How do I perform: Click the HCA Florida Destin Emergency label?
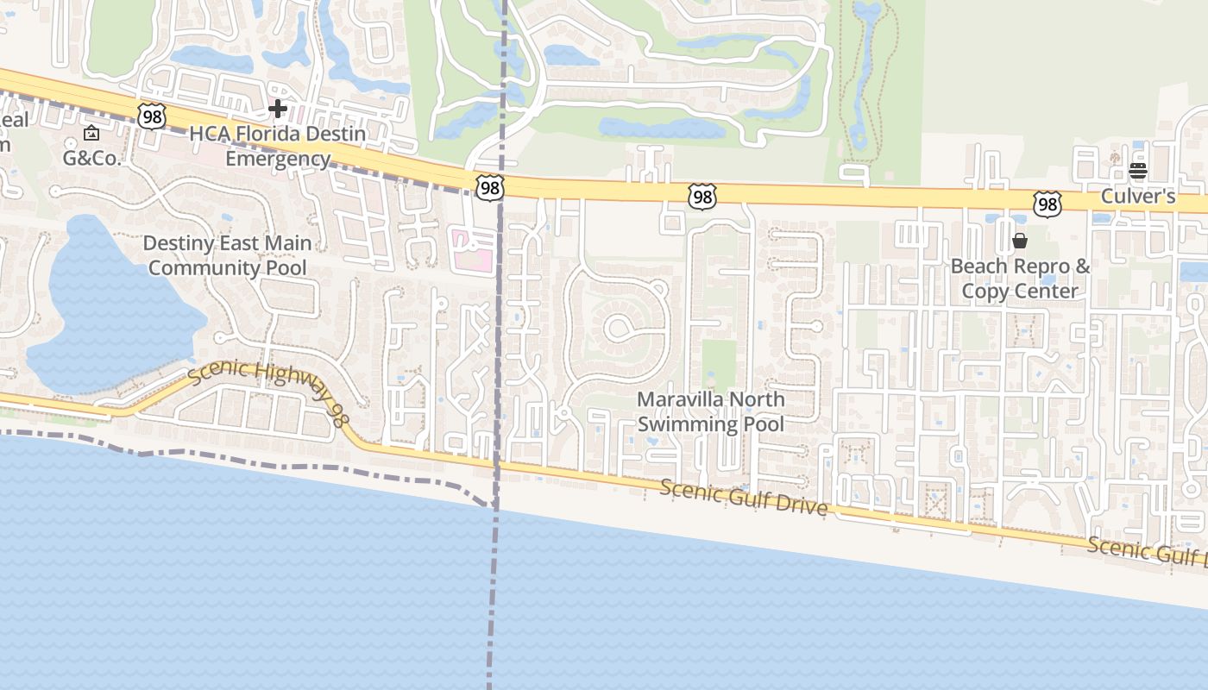[277, 147]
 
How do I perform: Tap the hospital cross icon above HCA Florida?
[277, 109]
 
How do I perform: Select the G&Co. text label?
[92, 158]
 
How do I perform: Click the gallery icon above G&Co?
[91, 133]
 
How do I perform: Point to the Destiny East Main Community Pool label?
[227, 255]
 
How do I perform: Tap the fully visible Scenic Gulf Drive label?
[744, 498]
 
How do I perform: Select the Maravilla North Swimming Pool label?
[711, 411]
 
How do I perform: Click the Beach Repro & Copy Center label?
[1020, 279]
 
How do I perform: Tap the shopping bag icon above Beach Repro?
[1019, 241]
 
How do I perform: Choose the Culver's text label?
[1138, 197]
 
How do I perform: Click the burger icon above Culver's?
[1137, 171]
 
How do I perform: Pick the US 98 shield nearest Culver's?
[1047, 204]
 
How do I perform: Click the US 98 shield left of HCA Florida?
[151, 116]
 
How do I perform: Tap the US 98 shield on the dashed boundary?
[488, 187]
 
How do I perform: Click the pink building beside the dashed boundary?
[473, 250]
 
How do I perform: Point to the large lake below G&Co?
[104, 302]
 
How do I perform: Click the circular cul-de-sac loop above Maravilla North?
[618, 327]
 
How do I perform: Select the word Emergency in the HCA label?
[278, 159]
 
